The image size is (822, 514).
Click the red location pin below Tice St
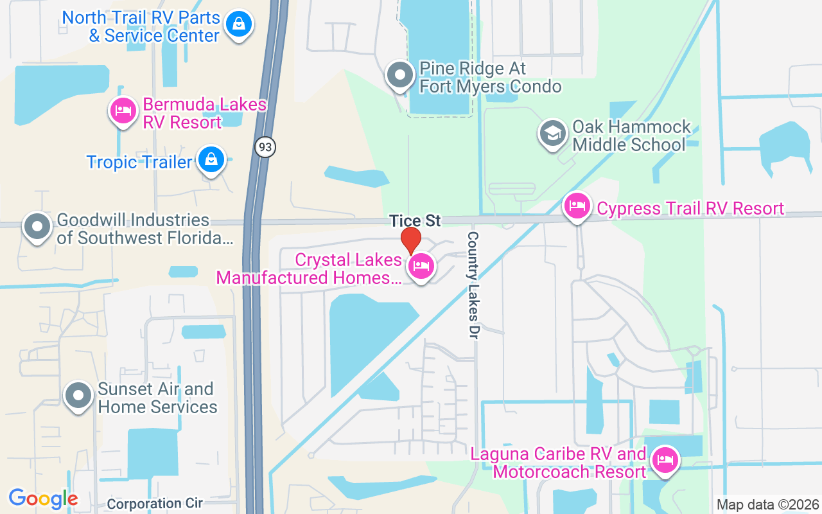pyautogui.click(x=411, y=241)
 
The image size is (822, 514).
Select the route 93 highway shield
pyautogui.click(x=265, y=147)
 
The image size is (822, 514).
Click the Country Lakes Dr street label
pyautogui.click(x=473, y=285)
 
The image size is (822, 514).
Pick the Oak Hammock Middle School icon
pyautogui.click(x=552, y=134)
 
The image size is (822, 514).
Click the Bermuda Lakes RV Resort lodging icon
pyautogui.click(x=123, y=112)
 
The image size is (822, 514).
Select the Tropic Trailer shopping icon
pyautogui.click(x=211, y=159)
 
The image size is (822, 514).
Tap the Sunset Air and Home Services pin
pyautogui.click(x=79, y=396)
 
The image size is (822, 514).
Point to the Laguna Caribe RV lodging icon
pyautogui.click(x=665, y=461)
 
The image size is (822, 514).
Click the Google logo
pyautogui.click(x=43, y=498)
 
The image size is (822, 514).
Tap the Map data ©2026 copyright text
pyautogui.click(x=767, y=505)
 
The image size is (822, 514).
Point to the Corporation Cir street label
pyautogui.click(x=155, y=503)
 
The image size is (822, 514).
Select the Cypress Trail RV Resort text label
pyautogui.click(x=690, y=208)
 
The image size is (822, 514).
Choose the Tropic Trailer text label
pyautogui.click(x=139, y=162)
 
